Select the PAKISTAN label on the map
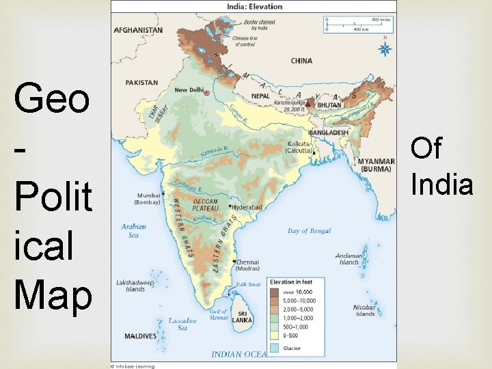(x=141, y=83)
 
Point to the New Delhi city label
(x=189, y=90)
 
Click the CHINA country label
(x=301, y=61)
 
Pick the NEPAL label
(x=260, y=96)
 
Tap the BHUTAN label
(x=329, y=106)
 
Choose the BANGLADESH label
(x=329, y=133)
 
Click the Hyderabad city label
(x=248, y=206)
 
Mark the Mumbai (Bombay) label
(x=148, y=198)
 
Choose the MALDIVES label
(x=140, y=336)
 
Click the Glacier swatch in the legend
(x=274, y=348)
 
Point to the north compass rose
(x=385, y=49)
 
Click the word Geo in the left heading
(x=51, y=100)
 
